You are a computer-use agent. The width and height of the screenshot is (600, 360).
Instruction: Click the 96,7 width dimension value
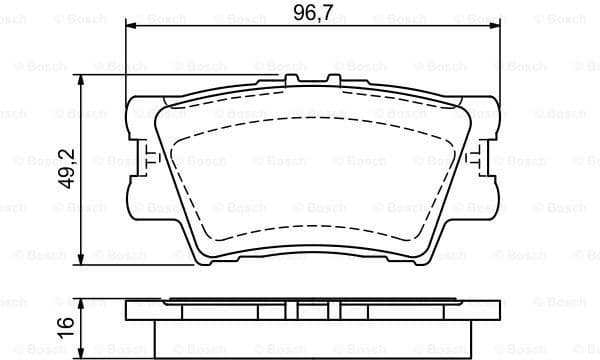pos(312,13)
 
